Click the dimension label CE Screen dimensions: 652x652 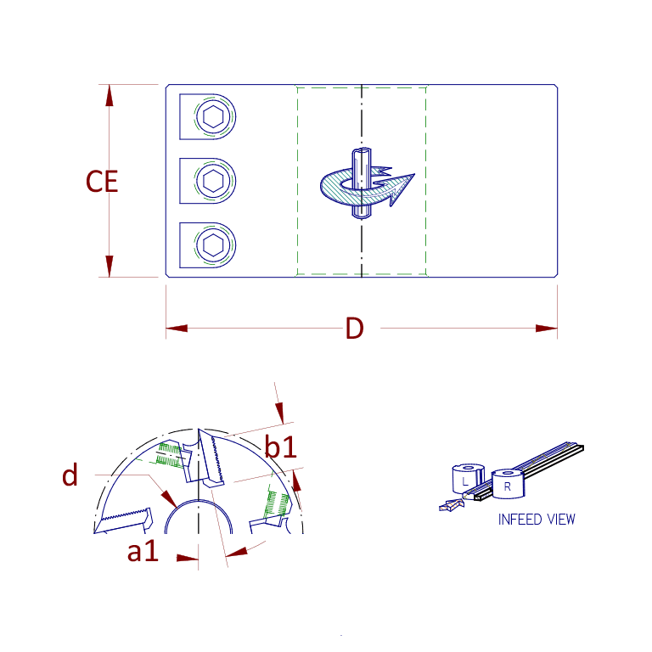tap(102, 182)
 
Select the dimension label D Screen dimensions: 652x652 tap(354, 329)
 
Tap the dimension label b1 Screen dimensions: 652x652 tap(281, 447)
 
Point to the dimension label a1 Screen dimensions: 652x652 tap(143, 552)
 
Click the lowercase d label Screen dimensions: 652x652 tap(70, 476)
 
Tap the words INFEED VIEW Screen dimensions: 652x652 tap(536, 519)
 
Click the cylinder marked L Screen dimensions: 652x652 tap(465, 480)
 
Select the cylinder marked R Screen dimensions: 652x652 tap(508, 485)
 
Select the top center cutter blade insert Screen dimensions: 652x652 tap(209, 458)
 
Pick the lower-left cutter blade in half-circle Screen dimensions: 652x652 tap(123, 520)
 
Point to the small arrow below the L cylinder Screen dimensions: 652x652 tap(447, 506)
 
